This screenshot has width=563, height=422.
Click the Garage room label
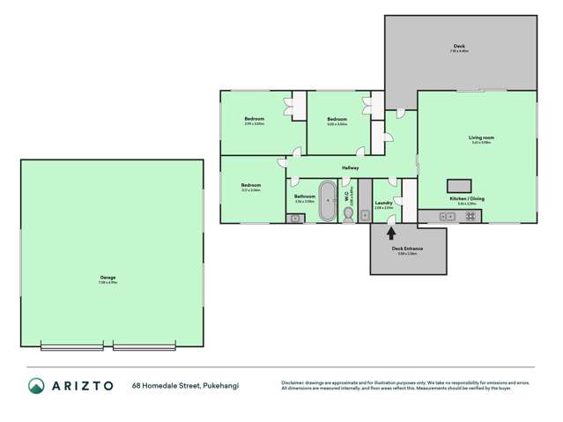(x=107, y=278)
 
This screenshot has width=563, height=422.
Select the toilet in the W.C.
(x=349, y=212)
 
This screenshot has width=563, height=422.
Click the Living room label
(x=481, y=138)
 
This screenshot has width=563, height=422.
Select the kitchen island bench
(x=459, y=185)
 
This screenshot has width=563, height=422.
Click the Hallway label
(x=350, y=168)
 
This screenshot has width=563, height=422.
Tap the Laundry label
(x=384, y=204)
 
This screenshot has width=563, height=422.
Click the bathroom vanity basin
(x=293, y=218)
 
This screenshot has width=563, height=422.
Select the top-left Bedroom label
(x=255, y=119)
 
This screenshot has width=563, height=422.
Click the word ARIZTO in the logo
(x=83, y=386)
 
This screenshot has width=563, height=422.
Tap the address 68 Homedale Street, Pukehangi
(x=185, y=386)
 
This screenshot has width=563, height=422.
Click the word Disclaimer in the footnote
(x=293, y=382)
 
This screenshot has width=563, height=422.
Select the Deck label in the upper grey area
(x=459, y=46)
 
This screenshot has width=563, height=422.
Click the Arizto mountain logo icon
(x=36, y=386)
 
